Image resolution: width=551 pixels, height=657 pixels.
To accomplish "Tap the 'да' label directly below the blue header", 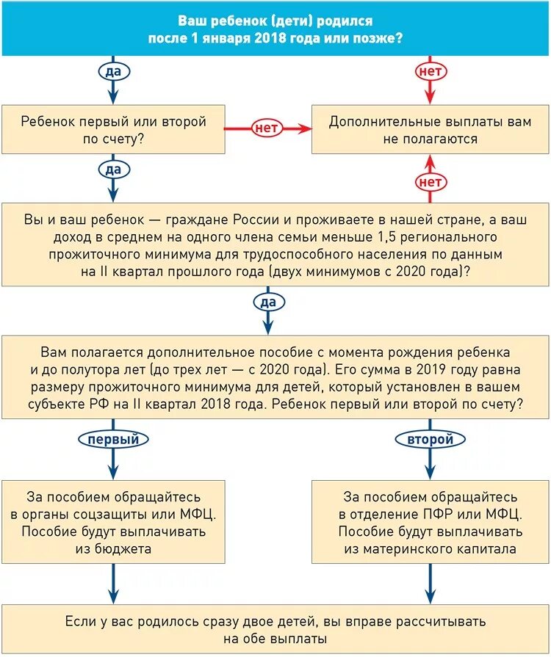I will pos(112,70).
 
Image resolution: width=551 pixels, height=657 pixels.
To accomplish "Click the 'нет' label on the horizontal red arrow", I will pos(266,128).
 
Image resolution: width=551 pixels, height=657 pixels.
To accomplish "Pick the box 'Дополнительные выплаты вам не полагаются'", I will pos(430,130).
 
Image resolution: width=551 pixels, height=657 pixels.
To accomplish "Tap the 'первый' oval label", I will pos(113,439).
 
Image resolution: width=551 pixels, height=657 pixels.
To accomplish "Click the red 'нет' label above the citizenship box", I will pos(430,181).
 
